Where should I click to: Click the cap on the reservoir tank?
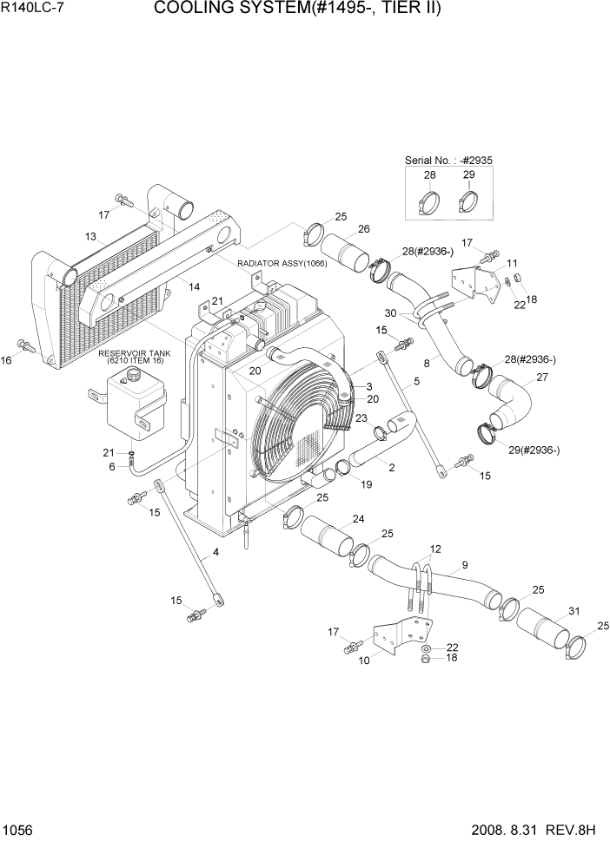[x=132, y=374]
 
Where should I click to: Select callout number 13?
[x=90, y=236]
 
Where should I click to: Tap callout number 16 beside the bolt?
[x=8, y=359]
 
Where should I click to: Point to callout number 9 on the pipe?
[x=465, y=565]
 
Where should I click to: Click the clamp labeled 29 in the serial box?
[x=468, y=204]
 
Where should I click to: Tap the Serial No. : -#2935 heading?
[x=448, y=161]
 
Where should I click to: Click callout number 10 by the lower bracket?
[x=363, y=660]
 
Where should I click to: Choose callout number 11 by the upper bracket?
[x=512, y=262]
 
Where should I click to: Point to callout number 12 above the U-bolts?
[x=435, y=549]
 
